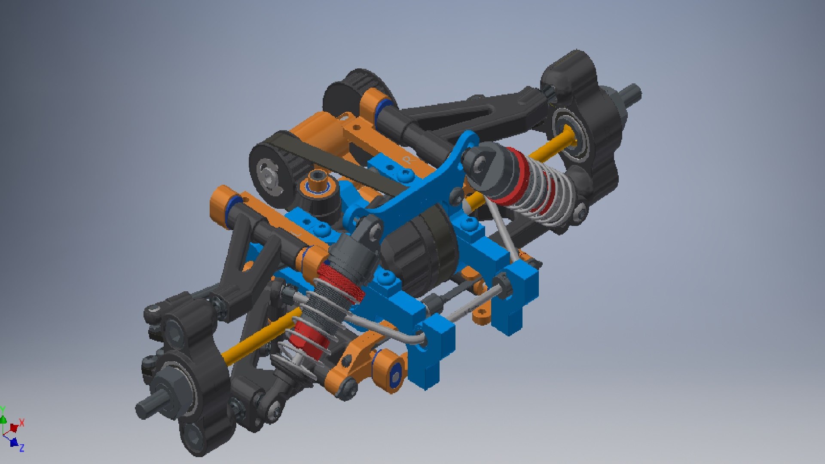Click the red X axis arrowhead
(14, 428)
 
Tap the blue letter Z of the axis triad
(21, 448)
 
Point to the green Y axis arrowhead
(3, 419)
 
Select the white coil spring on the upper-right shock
(541, 189)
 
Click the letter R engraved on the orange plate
(407, 160)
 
